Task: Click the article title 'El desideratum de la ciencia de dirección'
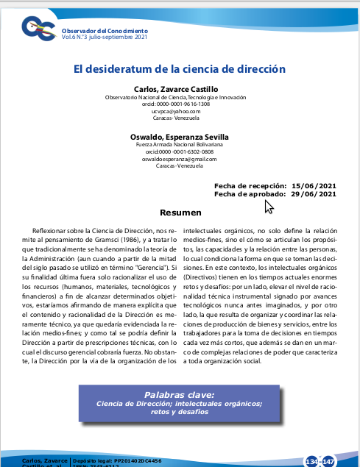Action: [179, 69]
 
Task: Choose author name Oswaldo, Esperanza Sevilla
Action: [180, 137]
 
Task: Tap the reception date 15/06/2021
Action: [314, 186]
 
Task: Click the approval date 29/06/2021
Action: [314, 194]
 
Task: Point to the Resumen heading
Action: [180, 213]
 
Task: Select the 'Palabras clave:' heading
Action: [180, 394]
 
